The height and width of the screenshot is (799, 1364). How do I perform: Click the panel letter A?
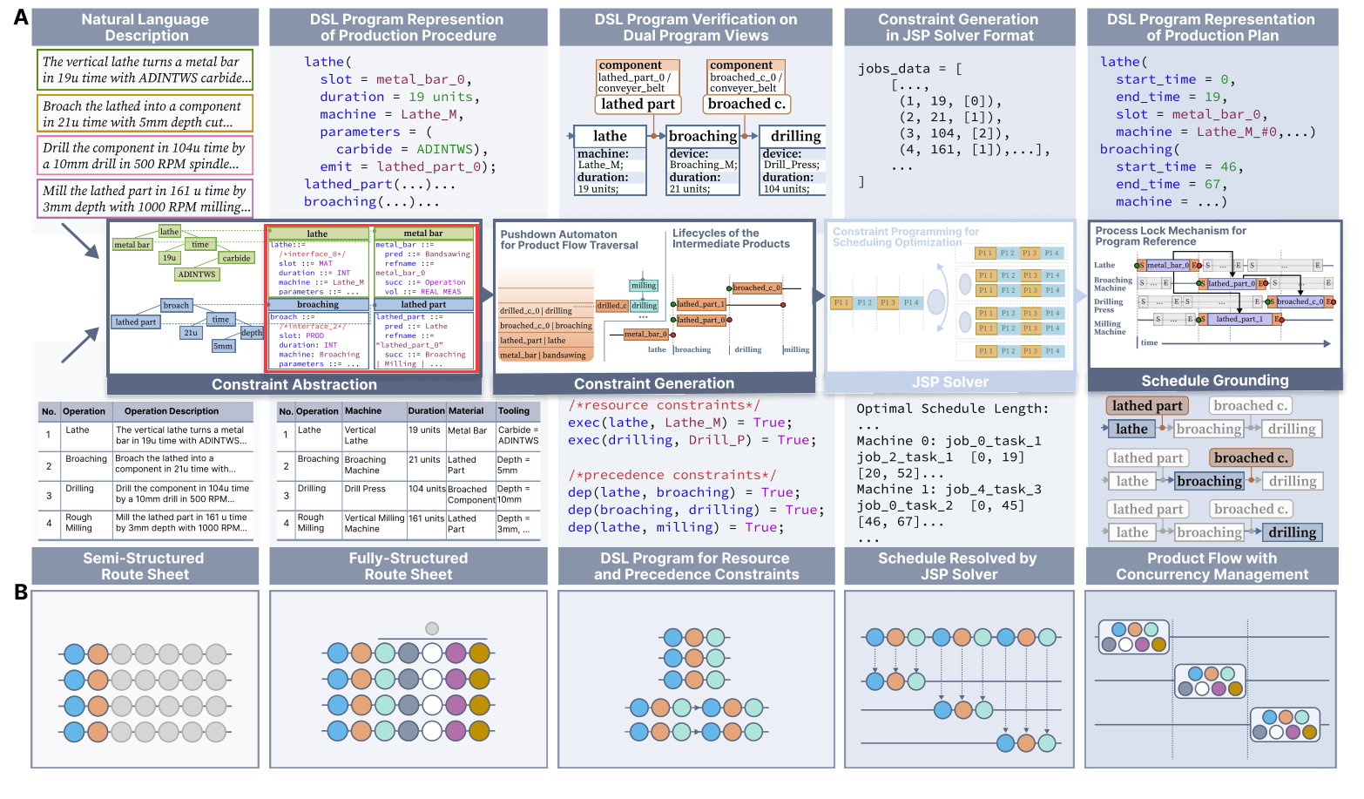tap(21, 17)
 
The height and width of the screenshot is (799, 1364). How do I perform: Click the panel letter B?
tap(21, 592)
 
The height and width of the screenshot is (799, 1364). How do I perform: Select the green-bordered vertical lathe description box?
tap(145, 70)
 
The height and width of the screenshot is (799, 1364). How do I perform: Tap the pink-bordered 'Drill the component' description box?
tap(145, 156)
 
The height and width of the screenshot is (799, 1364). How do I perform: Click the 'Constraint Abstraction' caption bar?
tap(294, 384)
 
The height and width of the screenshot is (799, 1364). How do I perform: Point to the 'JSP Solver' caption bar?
tap(949, 383)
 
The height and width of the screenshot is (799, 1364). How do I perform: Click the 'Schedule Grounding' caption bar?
tap(1214, 381)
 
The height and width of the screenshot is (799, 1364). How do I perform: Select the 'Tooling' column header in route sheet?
tap(514, 411)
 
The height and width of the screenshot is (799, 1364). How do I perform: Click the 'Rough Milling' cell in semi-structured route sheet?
tap(78, 522)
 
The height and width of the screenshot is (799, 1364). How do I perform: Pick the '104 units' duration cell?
tap(427, 489)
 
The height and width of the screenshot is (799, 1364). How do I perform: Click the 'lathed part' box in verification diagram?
tap(638, 105)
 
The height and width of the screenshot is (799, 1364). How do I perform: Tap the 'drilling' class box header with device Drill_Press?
tap(795, 136)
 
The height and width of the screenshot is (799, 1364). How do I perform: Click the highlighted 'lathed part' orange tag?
tap(1147, 406)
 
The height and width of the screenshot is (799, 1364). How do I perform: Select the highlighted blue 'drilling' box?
tap(1292, 532)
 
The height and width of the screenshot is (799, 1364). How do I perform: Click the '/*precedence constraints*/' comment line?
tap(672, 475)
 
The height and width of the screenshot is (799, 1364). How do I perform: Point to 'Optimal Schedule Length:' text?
tap(952, 409)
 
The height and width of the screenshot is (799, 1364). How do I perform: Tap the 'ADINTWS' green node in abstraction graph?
tap(196, 274)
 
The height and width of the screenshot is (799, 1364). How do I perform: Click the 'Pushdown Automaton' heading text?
tap(558, 234)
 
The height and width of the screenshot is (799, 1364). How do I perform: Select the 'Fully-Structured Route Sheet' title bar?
tap(408, 566)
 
